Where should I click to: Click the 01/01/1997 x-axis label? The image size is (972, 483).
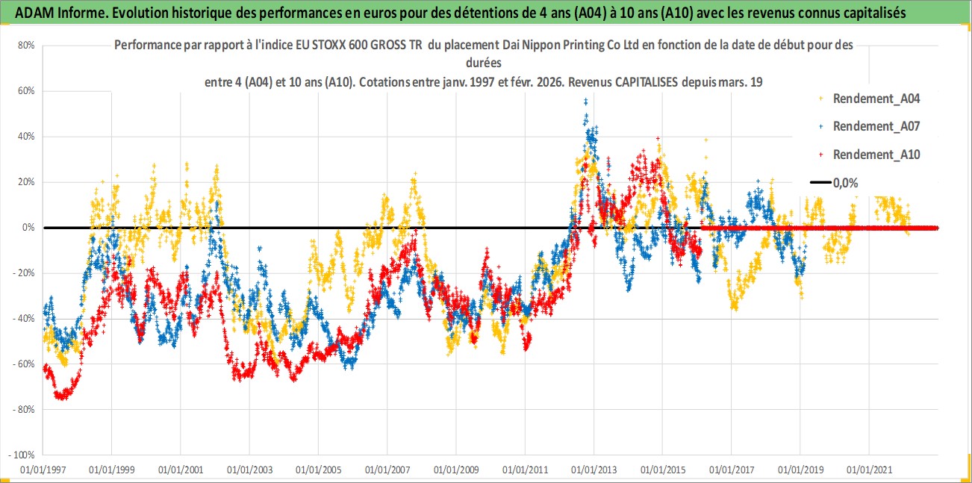43,470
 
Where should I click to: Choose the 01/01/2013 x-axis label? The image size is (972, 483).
594,470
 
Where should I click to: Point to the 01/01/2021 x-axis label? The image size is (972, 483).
869,470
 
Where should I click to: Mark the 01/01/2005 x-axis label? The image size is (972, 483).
318,470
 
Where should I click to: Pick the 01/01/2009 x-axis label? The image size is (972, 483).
455,470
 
